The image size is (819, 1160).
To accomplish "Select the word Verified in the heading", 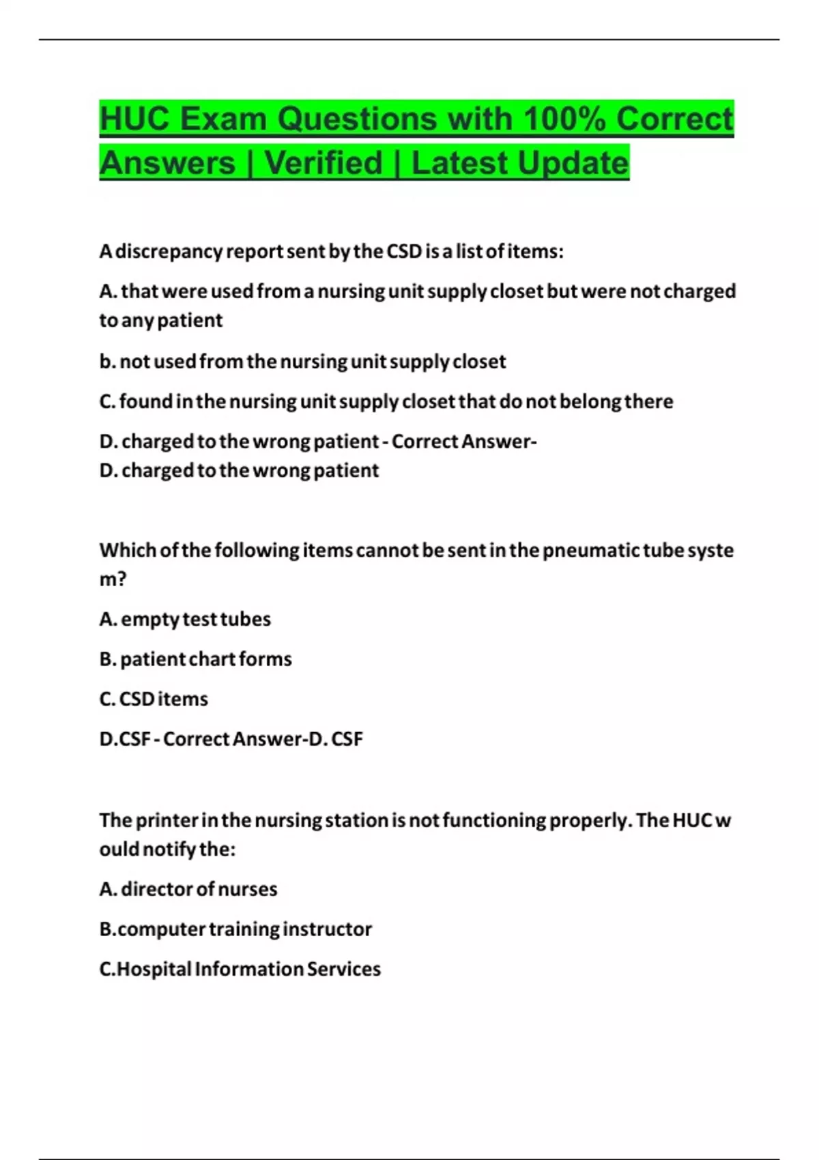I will coord(324,163).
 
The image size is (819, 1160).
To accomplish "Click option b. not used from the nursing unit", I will coord(302,361).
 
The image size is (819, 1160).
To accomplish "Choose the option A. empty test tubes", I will coord(185,619).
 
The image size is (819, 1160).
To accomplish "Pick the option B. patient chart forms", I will coord(195,659).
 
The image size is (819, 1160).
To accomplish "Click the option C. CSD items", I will coord(154,699).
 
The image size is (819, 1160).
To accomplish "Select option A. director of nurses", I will coord(188,889).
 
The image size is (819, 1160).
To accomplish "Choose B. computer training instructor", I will coord(235,929).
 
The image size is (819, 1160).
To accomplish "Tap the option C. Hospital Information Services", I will coord(240,969).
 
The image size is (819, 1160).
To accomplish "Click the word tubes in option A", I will coord(245,619).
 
